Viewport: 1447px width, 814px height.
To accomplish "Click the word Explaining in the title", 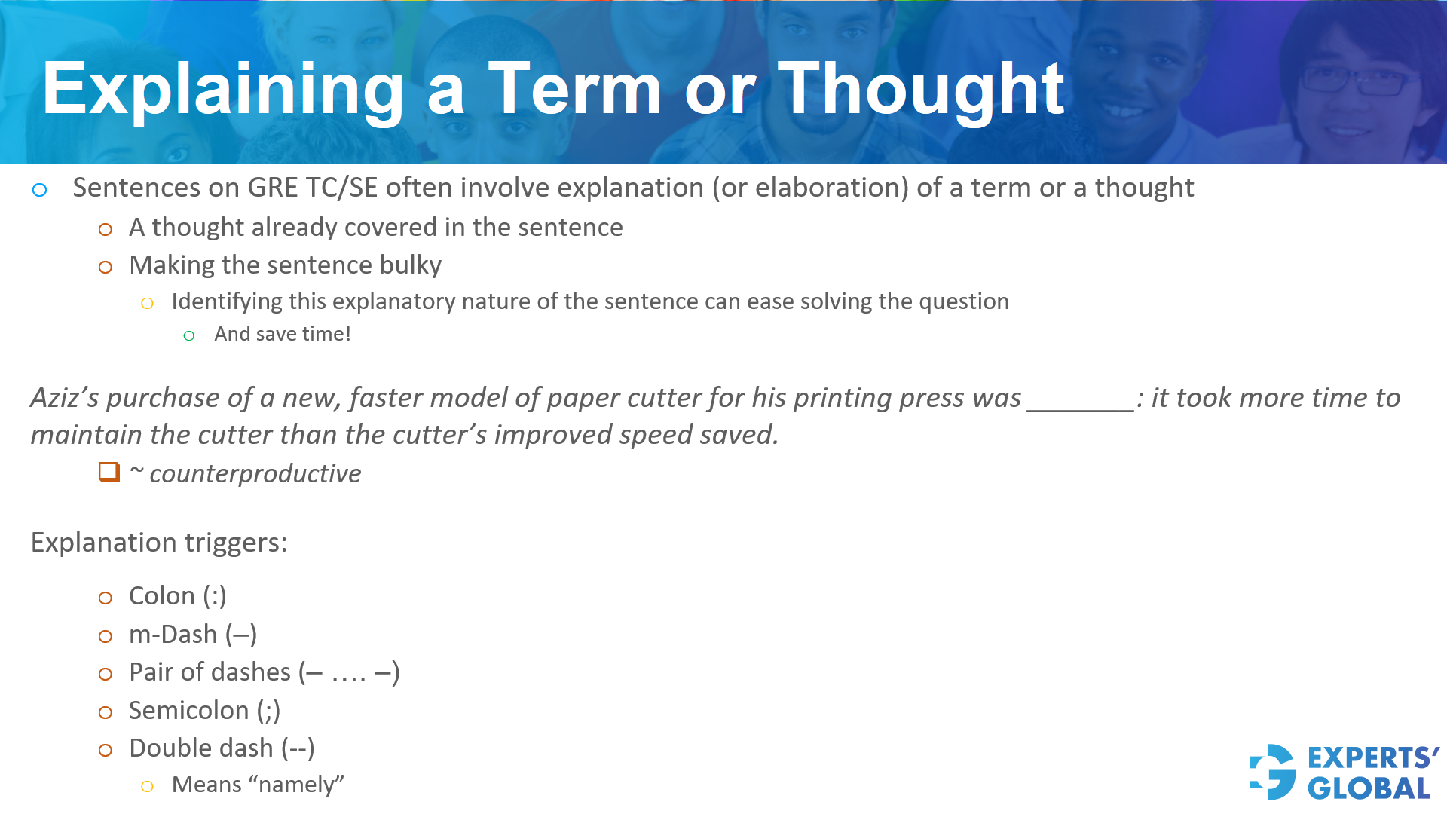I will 223,90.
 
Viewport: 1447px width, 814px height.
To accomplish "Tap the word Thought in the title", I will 921,90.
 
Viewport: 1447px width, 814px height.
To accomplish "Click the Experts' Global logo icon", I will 1272,772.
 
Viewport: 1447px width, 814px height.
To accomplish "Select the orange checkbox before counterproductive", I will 109,473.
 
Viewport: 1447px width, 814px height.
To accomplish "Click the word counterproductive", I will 255,474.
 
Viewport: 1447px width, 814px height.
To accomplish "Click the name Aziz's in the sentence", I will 65,398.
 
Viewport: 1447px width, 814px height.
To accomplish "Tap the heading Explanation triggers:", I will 159,543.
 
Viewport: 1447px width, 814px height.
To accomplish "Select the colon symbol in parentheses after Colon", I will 215,596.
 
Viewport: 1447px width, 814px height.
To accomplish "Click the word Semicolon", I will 188,711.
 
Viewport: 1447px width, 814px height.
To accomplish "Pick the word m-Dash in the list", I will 173,635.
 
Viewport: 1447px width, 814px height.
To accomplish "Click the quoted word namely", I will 296,785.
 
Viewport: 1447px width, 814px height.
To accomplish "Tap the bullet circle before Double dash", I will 106,750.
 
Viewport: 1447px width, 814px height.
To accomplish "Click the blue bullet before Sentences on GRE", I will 40,190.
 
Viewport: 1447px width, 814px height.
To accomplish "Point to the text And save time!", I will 283,334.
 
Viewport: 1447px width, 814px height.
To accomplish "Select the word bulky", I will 410,265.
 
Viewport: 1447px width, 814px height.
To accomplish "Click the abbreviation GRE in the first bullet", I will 273,188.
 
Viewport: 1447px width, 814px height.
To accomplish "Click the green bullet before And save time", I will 189,336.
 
